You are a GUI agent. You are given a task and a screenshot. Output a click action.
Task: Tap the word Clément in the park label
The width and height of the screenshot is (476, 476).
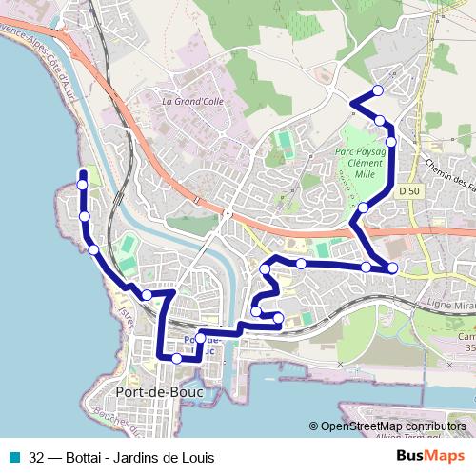pyautogui.click(x=359, y=164)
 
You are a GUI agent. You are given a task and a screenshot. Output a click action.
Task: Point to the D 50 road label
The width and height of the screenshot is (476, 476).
pyautogui.click(x=409, y=191)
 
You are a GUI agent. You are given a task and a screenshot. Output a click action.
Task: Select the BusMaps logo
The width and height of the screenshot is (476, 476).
pyautogui.click(x=430, y=456)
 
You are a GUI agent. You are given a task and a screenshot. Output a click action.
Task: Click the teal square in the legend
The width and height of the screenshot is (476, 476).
pyautogui.click(x=16, y=456)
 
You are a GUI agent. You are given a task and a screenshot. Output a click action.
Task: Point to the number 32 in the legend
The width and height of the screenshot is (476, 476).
pyautogui.click(x=37, y=456)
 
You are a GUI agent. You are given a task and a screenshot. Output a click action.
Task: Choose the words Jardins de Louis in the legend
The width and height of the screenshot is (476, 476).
pyautogui.click(x=166, y=456)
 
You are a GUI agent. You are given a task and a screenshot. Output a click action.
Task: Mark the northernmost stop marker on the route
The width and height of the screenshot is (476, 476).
pyautogui.click(x=378, y=90)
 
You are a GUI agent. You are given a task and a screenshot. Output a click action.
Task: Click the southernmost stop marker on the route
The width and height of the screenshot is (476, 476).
pyautogui.click(x=177, y=358)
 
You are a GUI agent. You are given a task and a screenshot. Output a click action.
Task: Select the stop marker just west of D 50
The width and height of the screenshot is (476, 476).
pyautogui.click(x=363, y=207)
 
